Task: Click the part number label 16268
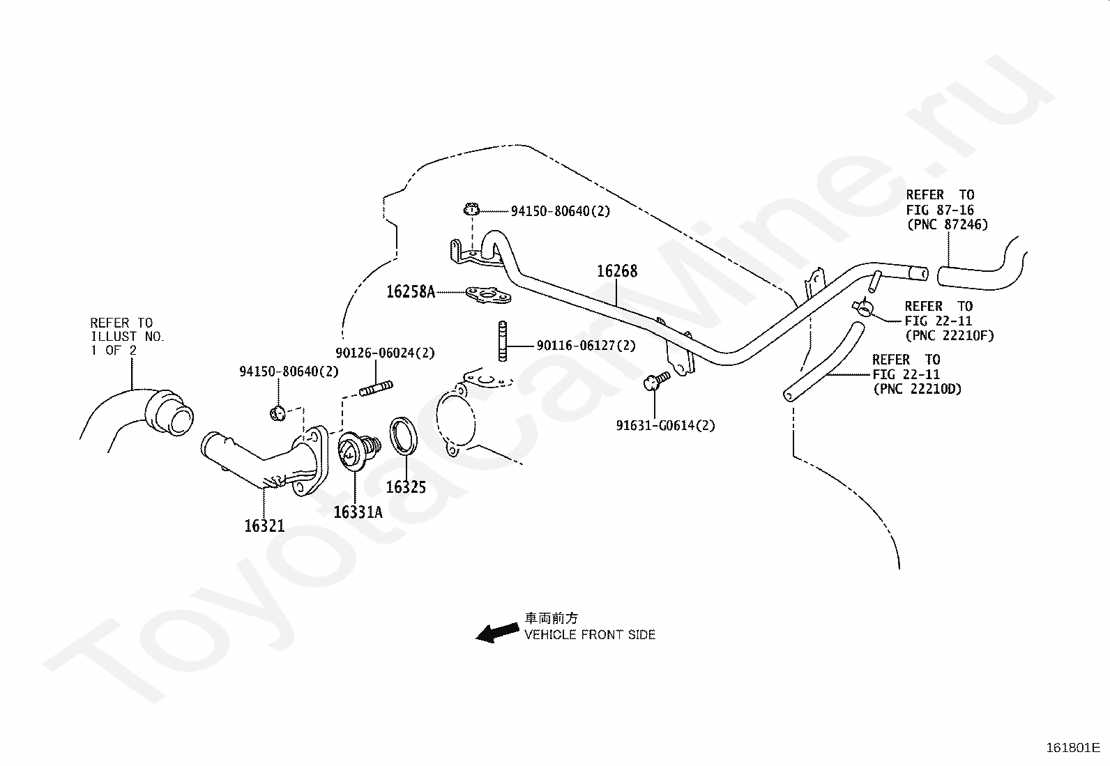pyautogui.click(x=617, y=271)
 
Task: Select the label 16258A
pyautogui.click(x=411, y=292)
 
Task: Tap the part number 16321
pyautogui.click(x=265, y=526)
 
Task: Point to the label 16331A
pyautogui.click(x=358, y=512)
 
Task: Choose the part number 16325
pyautogui.click(x=406, y=487)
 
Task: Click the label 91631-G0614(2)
pyautogui.click(x=665, y=426)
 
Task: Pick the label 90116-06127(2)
pyautogui.click(x=586, y=345)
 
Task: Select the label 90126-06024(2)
pyautogui.click(x=385, y=353)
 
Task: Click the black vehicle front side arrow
pyautogui.click(x=498, y=632)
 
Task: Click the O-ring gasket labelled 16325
pyautogui.click(x=404, y=436)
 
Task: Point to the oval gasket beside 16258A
pyautogui.click(x=489, y=295)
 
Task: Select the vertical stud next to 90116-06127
pyautogui.click(x=502, y=341)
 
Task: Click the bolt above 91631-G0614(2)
pyautogui.click(x=656, y=381)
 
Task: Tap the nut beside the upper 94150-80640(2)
pyautogui.click(x=471, y=210)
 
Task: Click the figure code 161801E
pyautogui.click(x=1073, y=747)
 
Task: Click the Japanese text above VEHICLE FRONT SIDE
pyautogui.click(x=551, y=618)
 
